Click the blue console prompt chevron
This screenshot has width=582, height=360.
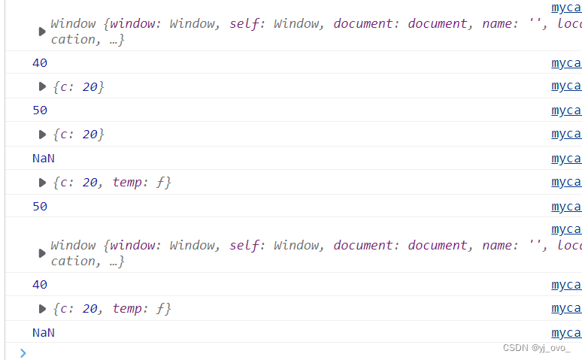click(23, 352)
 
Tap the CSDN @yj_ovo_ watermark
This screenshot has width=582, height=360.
click(536, 348)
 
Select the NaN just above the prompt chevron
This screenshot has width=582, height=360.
click(44, 333)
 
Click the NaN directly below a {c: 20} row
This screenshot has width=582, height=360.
click(44, 159)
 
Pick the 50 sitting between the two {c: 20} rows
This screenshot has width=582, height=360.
click(40, 110)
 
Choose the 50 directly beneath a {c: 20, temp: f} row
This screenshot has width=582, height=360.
click(40, 207)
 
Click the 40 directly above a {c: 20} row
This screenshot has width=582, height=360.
click(40, 63)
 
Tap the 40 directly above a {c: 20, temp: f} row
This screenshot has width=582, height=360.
click(40, 285)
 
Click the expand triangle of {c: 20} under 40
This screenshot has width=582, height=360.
click(43, 87)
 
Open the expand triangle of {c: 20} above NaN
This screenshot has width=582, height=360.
click(43, 135)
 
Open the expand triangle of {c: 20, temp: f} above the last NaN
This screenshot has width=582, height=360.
click(43, 309)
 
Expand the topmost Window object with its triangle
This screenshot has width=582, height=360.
click(43, 32)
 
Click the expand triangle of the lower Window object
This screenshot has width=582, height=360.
click(43, 253)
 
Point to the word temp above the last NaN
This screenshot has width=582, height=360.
click(128, 309)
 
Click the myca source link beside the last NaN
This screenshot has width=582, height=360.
click(566, 332)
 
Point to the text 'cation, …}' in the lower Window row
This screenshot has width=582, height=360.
click(87, 262)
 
